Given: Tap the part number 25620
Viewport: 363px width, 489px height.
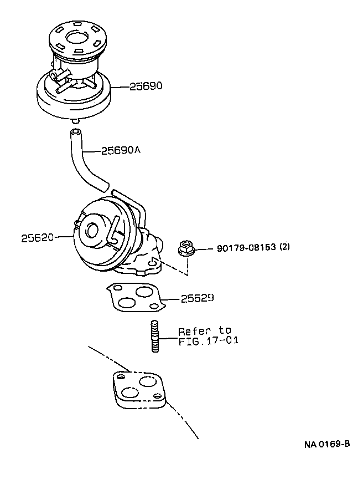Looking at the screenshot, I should (x=38, y=237).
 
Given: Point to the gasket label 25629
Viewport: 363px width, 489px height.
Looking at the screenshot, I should (x=198, y=298).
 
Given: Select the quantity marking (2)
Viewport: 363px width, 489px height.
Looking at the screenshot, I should (x=284, y=247).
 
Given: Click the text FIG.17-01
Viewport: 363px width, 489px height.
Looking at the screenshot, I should (x=208, y=341).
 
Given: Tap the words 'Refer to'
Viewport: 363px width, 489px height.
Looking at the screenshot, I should (x=204, y=331).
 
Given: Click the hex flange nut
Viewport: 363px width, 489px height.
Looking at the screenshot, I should (x=186, y=248).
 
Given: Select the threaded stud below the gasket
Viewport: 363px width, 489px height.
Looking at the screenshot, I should (x=155, y=336).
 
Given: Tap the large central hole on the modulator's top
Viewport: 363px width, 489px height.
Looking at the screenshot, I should (x=75, y=38).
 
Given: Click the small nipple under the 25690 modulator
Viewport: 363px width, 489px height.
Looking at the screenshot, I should (x=75, y=120).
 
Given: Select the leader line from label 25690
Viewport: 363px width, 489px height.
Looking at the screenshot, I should (x=121, y=87).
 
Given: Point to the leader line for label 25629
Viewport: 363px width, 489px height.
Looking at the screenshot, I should (x=171, y=299).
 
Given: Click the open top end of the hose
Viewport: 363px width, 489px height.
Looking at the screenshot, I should (x=75, y=132).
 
